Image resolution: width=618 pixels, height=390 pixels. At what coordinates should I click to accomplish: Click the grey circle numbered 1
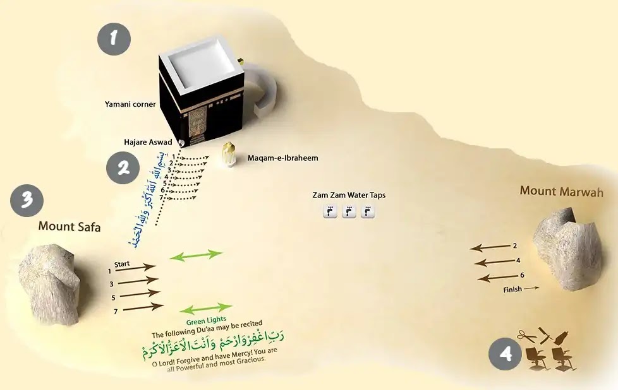click(x=114, y=39)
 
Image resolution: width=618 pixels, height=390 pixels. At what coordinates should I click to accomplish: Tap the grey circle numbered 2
click(x=123, y=167)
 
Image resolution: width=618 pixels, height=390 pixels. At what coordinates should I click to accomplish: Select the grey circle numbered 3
click(x=27, y=201)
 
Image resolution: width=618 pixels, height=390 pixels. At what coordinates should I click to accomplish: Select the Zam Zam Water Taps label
click(x=349, y=196)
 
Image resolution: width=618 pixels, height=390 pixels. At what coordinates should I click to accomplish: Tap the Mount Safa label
click(x=70, y=226)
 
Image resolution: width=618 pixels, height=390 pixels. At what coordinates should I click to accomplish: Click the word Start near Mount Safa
click(x=124, y=264)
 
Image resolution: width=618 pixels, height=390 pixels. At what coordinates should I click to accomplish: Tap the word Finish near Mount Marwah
click(x=513, y=290)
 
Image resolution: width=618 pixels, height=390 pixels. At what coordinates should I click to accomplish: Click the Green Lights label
click(x=206, y=321)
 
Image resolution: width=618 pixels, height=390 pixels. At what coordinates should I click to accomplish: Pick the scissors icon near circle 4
click(x=525, y=336)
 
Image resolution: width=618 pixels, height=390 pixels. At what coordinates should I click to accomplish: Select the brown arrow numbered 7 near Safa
click(x=143, y=308)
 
